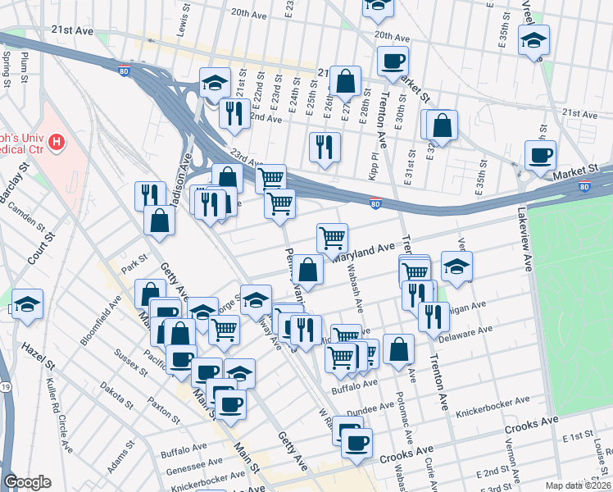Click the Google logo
[27, 481]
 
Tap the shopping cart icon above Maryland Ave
[332, 239]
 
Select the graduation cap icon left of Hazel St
[27, 304]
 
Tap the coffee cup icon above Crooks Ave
[356, 443]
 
